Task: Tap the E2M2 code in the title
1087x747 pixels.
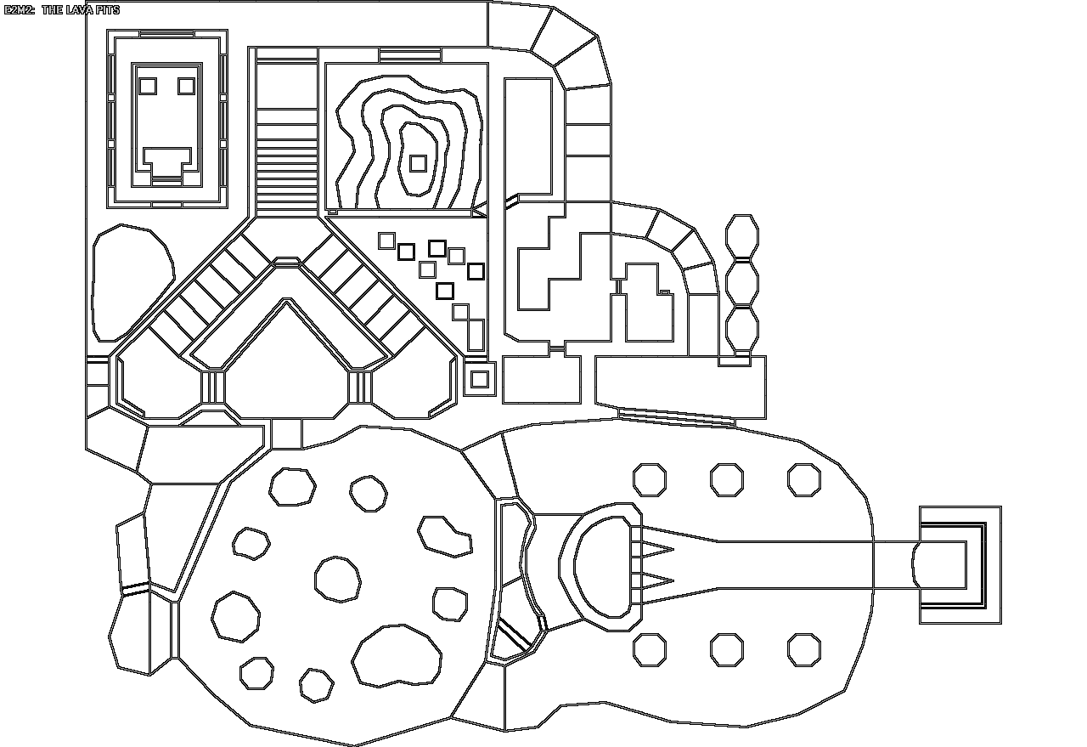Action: pos(20,10)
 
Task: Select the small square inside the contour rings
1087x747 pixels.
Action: pos(417,162)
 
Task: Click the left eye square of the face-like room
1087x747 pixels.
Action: pos(148,86)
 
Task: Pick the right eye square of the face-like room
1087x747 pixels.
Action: pos(186,86)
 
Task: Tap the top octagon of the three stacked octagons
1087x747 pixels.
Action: pos(742,235)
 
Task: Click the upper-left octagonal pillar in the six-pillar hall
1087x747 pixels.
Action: pos(650,480)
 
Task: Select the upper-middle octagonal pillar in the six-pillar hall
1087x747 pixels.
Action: pos(727,480)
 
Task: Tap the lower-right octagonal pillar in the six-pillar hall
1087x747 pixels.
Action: pos(803,650)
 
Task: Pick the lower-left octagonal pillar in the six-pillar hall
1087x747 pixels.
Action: pos(650,650)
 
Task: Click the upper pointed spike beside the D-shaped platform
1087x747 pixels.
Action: pos(659,549)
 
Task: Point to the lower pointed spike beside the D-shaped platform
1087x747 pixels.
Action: pos(659,582)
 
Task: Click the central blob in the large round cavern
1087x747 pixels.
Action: pos(338,579)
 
